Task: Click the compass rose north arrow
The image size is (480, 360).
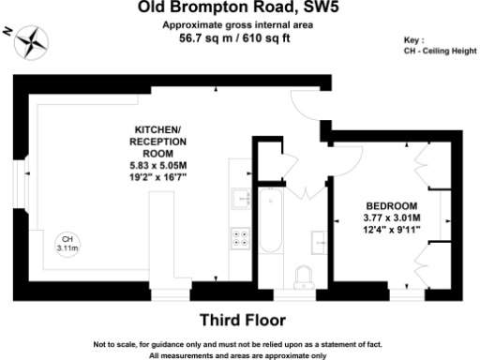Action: pos(34,39)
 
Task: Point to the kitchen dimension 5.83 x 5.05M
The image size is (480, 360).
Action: pos(157,165)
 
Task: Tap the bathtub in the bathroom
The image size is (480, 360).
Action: pos(273,225)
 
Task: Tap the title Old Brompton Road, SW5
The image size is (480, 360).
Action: pos(240,8)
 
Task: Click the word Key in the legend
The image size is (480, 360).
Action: pos(413,41)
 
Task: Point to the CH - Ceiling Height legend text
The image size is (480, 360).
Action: pos(438,52)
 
